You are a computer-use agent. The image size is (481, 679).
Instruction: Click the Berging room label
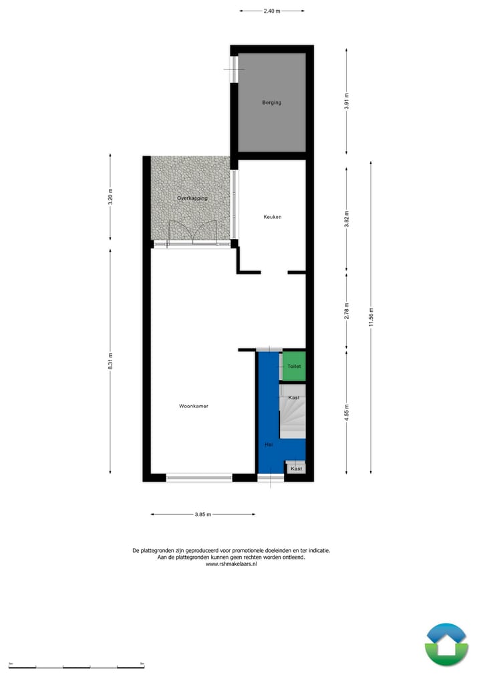[271, 103]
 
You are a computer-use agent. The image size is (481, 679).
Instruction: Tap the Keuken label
[272, 217]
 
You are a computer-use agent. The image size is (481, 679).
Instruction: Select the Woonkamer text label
[193, 406]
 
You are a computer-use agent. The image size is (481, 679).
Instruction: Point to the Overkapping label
[192, 199]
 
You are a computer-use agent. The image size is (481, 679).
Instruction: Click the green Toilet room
[294, 367]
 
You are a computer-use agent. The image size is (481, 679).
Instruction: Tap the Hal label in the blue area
[269, 443]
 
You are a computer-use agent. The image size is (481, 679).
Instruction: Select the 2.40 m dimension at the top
[272, 11]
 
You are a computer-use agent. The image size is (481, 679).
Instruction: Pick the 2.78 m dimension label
[347, 311]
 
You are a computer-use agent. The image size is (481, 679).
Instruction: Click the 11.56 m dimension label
[371, 316]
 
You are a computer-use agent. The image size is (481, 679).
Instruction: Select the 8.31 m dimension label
[111, 361]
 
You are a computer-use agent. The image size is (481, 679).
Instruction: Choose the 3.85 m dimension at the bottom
[203, 515]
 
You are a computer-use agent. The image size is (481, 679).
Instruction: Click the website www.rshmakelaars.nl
[231, 564]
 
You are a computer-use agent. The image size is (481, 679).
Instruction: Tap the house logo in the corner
[446, 644]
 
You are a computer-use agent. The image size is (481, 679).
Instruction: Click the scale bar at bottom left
[77, 666]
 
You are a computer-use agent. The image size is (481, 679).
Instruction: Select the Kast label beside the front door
[296, 469]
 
